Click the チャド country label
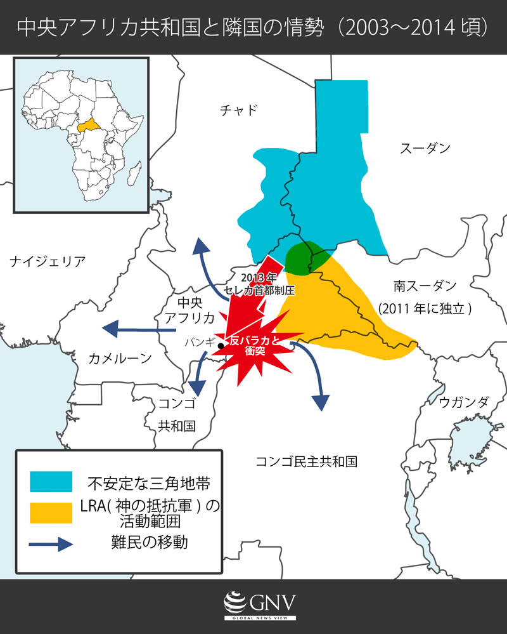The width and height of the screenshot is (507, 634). (239, 110)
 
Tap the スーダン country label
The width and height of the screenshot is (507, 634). (425, 149)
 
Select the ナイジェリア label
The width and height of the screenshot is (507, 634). (48, 260)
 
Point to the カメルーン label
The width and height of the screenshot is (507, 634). (120, 359)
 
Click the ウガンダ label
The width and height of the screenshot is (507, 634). (464, 402)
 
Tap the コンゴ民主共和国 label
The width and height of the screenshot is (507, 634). (306, 461)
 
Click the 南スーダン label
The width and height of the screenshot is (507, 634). (425, 286)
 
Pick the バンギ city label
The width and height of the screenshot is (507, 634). (199, 341)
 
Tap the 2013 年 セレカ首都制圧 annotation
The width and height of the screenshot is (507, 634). (260, 284)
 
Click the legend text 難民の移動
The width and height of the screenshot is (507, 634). (149, 543)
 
